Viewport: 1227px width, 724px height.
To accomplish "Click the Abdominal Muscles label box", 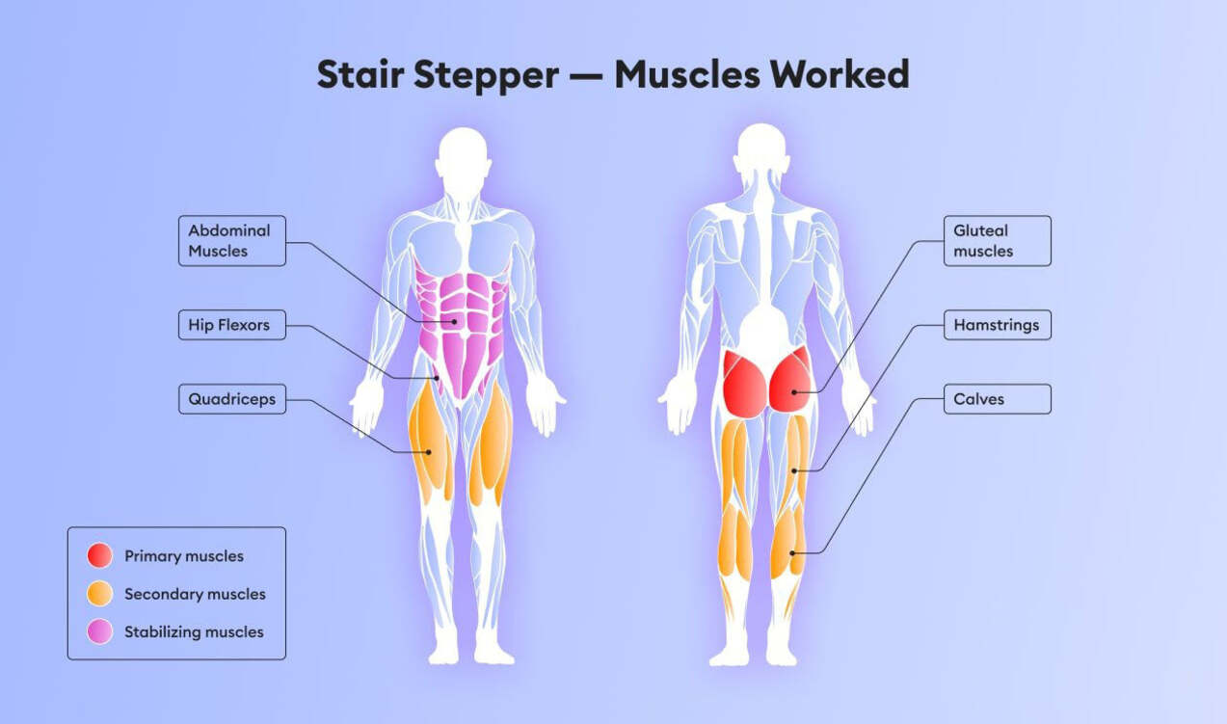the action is [x=232, y=241].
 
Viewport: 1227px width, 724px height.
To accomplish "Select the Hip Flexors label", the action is [x=232, y=325].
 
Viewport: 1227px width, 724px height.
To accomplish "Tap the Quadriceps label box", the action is [x=232, y=399].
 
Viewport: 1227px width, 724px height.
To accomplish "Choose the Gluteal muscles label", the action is [x=997, y=241].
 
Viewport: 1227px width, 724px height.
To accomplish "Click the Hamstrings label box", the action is [x=997, y=325].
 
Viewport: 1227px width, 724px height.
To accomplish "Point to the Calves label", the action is [x=997, y=399].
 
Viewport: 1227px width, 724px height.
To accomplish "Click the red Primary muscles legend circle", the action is [x=99, y=555].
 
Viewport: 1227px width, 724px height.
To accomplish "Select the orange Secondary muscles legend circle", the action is [x=99, y=594].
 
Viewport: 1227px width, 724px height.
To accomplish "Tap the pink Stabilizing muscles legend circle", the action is [x=99, y=631].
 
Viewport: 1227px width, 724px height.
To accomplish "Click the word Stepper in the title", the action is [x=487, y=75].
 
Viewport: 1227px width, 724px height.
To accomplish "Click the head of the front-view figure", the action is [x=464, y=154].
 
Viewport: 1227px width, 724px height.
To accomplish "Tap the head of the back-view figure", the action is [x=762, y=150].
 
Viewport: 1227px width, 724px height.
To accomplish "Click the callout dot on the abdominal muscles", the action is [x=455, y=322].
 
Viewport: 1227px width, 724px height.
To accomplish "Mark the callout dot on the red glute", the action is [x=793, y=392].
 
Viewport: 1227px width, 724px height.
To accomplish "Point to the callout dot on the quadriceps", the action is [x=429, y=452].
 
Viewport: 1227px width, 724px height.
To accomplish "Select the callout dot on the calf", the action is [x=792, y=553].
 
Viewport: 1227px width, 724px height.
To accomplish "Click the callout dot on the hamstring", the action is [x=793, y=470].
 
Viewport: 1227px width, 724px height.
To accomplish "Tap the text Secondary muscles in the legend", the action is [x=195, y=594].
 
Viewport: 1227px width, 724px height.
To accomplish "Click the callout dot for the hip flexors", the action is [x=437, y=378].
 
